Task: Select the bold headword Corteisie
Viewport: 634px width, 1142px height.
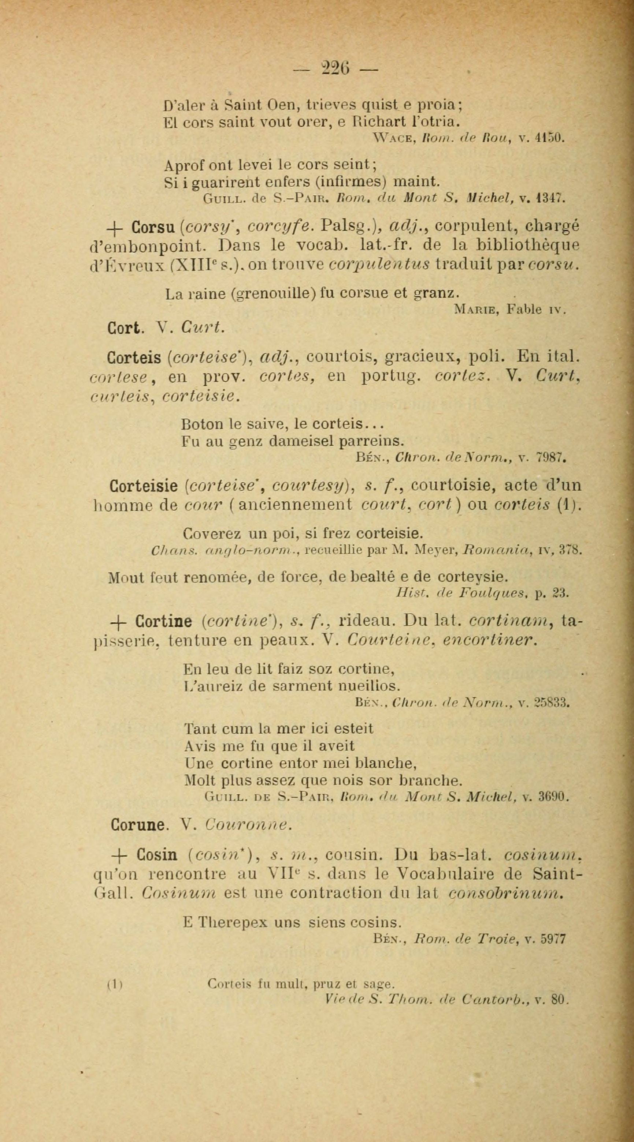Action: pyautogui.click(x=143, y=486)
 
